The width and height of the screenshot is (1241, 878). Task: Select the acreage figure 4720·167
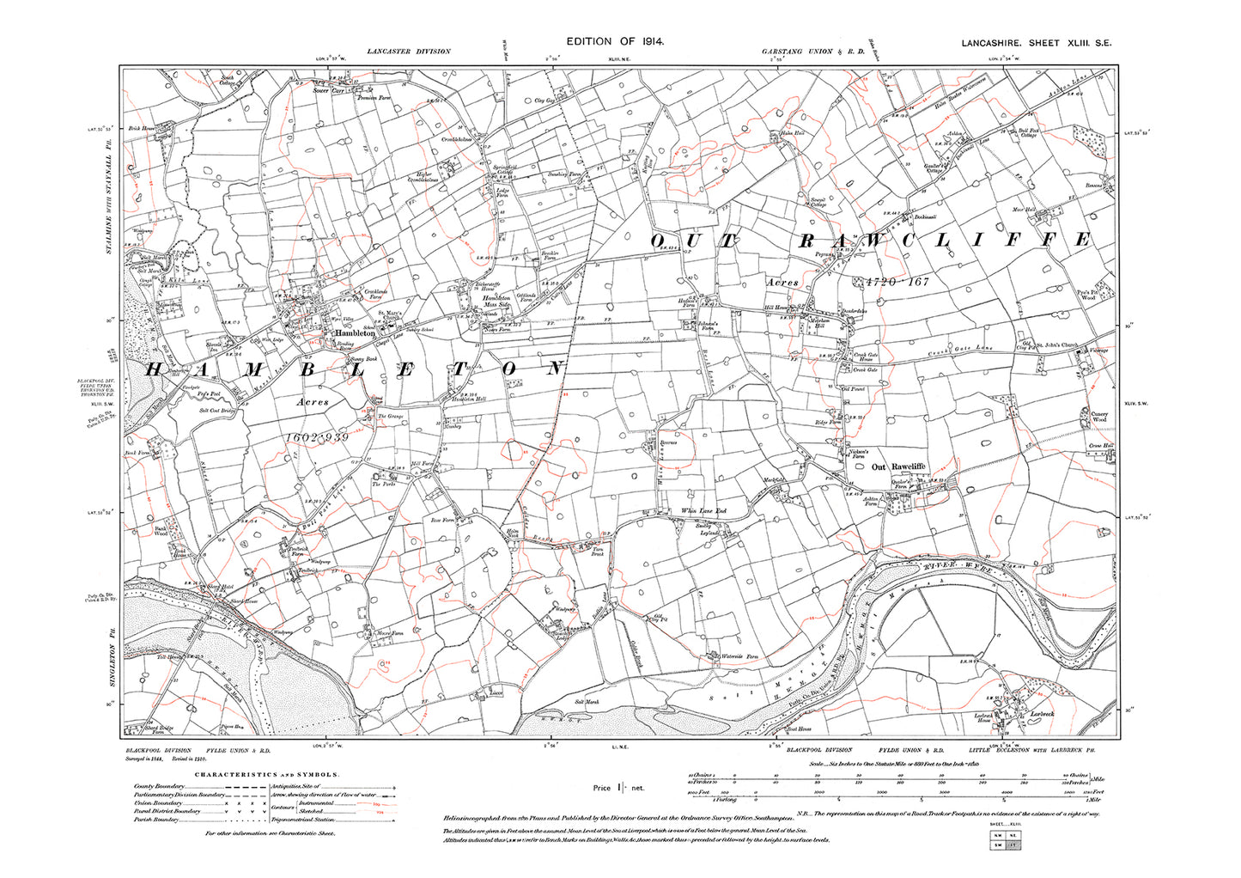[892, 282]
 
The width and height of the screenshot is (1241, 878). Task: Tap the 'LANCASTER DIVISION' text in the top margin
[408, 52]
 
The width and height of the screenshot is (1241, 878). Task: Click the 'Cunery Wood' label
[1099, 417]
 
